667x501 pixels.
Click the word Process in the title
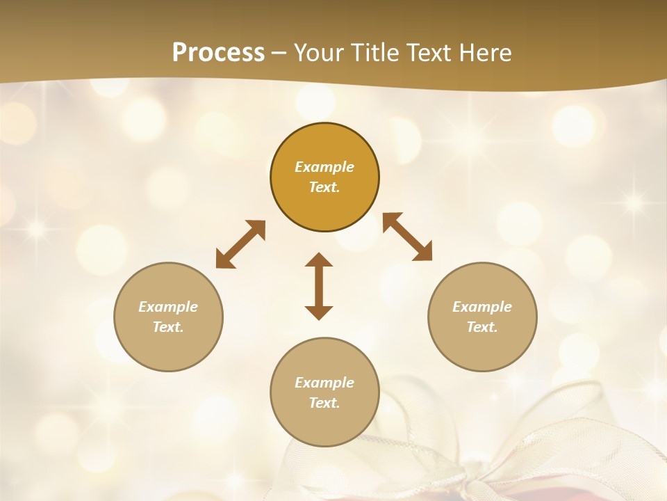pyautogui.click(x=218, y=52)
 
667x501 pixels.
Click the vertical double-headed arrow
pyautogui.click(x=319, y=286)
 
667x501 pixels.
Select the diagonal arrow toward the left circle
pyautogui.click(x=240, y=244)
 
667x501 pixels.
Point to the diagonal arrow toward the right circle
pyautogui.click(x=408, y=237)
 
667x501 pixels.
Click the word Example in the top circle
pyautogui.click(x=324, y=167)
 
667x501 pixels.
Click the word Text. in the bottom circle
pyautogui.click(x=324, y=403)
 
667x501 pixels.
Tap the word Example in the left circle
pyautogui.click(x=168, y=307)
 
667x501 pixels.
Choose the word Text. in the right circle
pyautogui.click(x=482, y=327)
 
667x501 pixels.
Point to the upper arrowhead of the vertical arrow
pyautogui.click(x=319, y=260)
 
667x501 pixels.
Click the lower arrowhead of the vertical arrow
pyautogui.click(x=319, y=312)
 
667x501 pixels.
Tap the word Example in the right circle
pyautogui.click(x=482, y=307)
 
